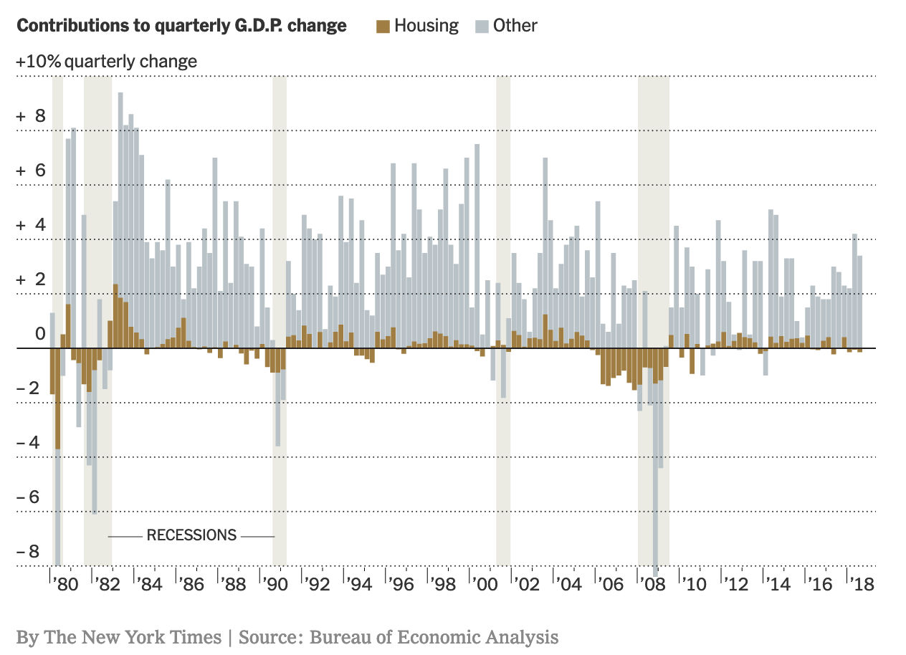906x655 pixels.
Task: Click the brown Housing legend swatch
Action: click(383, 27)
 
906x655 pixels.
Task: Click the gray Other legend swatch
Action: click(481, 27)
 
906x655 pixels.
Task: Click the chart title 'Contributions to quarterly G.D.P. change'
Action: click(181, 26)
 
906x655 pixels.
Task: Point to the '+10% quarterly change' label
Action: click(106, 62)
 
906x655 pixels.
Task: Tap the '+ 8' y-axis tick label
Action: click(31, 116)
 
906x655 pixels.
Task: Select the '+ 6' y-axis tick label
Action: click(31, 171)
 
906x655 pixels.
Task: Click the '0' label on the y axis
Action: click(40, 334)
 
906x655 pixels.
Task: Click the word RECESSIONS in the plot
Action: click(191, 535)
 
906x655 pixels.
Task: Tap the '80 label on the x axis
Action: click(65, 584)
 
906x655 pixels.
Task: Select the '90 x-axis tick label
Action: click(275, 584)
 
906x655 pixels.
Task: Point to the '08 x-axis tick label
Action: click(653, 584)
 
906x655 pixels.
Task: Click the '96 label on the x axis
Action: click(402, 584)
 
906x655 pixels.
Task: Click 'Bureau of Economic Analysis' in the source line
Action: click(434, 637)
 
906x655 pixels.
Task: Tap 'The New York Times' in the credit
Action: click(132, 637)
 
